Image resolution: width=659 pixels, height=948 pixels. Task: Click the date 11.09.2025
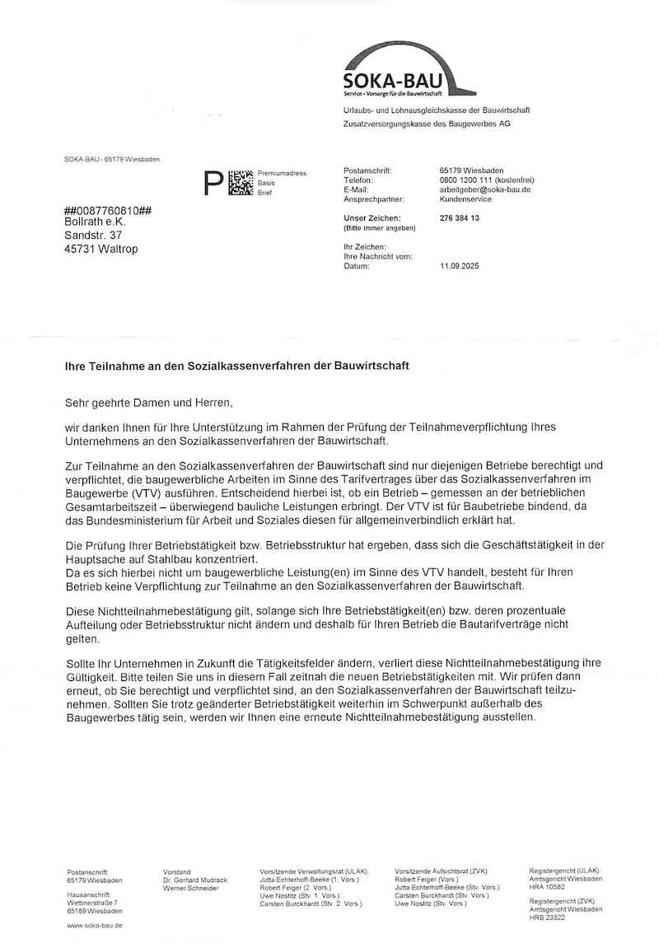coord(460,266)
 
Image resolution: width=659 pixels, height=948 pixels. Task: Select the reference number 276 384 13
coord(460,218)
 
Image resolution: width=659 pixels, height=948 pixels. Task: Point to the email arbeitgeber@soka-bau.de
coord(485,189)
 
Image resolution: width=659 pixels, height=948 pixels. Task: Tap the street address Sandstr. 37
coord(92,236)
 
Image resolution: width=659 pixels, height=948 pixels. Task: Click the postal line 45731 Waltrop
coord(101,250)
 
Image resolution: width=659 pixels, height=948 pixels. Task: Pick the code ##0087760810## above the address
coord(106,210)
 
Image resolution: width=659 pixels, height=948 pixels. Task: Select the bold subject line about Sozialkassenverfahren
coord(237,363)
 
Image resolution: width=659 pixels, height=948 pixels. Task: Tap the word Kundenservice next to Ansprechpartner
coord(465,199)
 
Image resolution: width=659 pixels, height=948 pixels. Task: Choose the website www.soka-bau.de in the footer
coord(96,926)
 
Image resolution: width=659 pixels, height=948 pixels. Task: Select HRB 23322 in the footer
coord(547,918)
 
